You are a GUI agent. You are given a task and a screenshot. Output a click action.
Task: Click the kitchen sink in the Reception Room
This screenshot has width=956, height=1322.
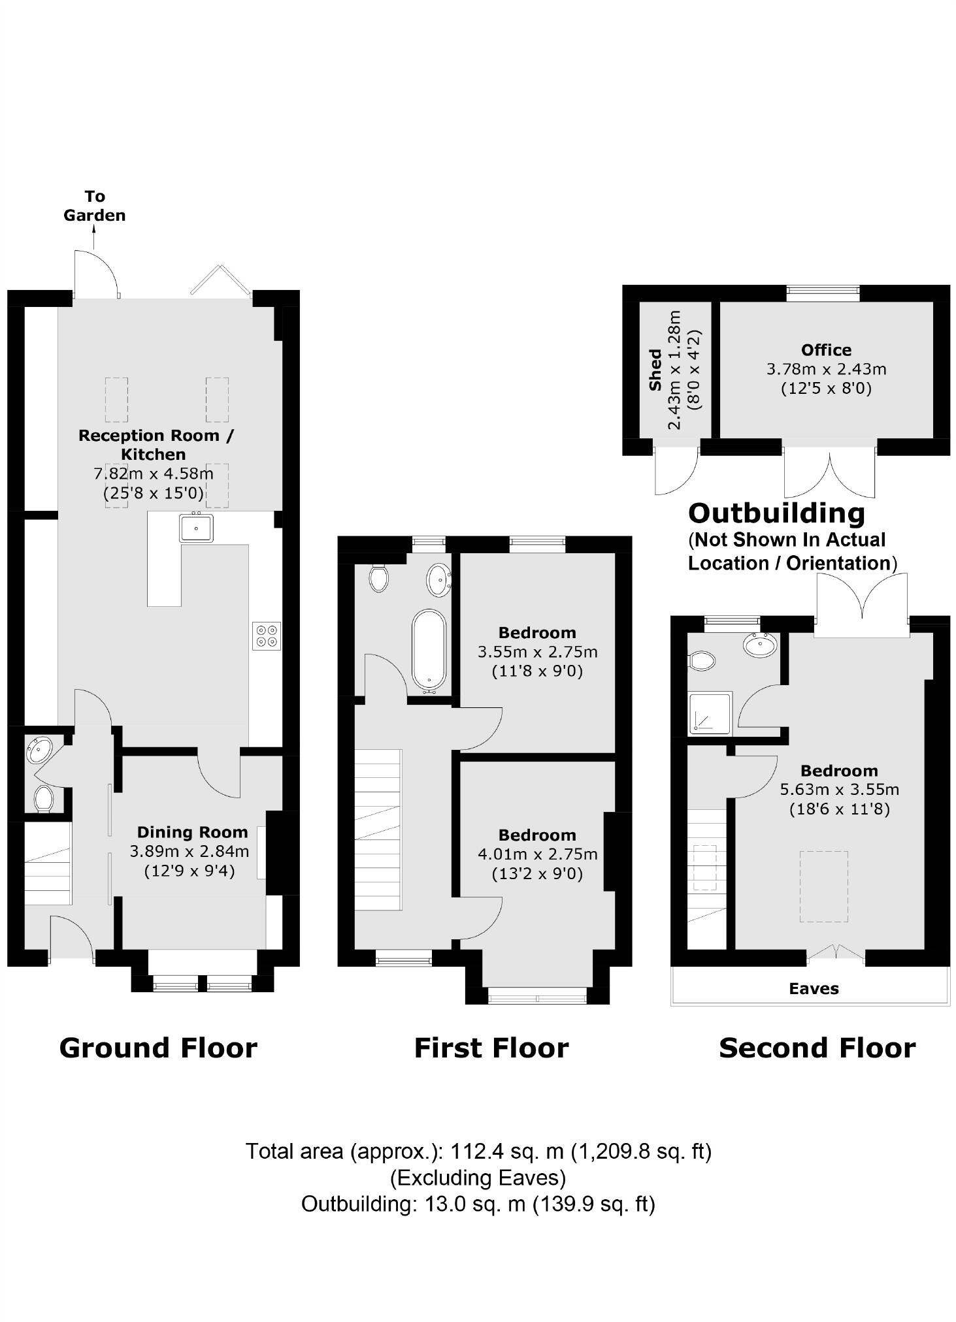click(196, 528)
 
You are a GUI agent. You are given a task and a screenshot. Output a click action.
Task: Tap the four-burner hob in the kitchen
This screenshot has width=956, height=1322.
click(267, 636)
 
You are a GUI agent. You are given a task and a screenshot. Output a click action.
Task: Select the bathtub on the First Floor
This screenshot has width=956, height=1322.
click(429, 651)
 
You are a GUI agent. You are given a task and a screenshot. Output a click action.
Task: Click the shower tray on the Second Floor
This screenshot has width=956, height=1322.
click(710, 713)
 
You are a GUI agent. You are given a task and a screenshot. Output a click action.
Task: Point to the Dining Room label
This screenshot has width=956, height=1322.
click(192, 832)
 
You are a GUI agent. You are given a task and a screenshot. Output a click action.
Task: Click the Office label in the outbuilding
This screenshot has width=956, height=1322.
click(826, 349)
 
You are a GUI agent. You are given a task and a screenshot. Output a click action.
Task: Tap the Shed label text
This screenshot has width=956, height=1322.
click(655, 370)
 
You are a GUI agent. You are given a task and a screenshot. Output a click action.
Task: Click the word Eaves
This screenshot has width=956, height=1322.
click(814, 988)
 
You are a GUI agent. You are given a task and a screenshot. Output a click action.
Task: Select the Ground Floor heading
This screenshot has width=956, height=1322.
click(158, 1048)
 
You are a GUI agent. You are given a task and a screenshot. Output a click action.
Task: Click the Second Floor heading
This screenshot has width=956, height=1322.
click(817, 1048)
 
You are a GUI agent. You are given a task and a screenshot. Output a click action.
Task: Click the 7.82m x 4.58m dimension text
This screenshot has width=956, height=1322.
click(154, 474)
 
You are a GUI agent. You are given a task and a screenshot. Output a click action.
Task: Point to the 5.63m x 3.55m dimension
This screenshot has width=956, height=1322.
click(839, 790)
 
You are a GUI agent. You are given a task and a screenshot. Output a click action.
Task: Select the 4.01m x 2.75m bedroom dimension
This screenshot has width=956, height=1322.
click(537, 854)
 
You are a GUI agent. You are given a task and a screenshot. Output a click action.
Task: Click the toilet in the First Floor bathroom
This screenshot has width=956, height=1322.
click(378, 578)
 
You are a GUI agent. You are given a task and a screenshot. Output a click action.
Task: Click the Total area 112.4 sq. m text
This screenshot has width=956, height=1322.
click(478, 1150)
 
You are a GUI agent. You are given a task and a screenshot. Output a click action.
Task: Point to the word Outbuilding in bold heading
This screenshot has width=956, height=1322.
click(776, 513)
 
